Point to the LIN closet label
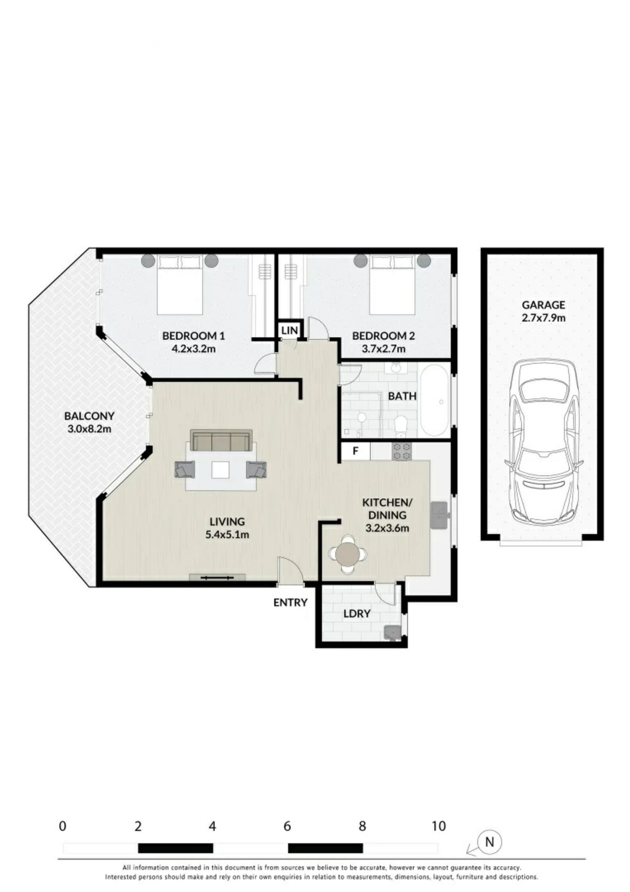pyautogui.click(x=289, y=330)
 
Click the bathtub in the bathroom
pyautogui.click(x=434, y=401)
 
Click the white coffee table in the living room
pyautogui.click(x=221, y=470)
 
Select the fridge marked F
pyautogui.click(x=356, y=451)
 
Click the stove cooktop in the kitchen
pyautogui.click(x=401, y=451)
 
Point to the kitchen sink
pyautogui.click(x=439, y=515)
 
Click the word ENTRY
pyautogui.click(x=290, y=603)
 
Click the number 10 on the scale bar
pyautogui.click(x=439, y=826)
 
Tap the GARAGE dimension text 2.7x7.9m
pyautogui.click(x=544, y=318)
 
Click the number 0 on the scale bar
pyautogui.click(x=62, y=826)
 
